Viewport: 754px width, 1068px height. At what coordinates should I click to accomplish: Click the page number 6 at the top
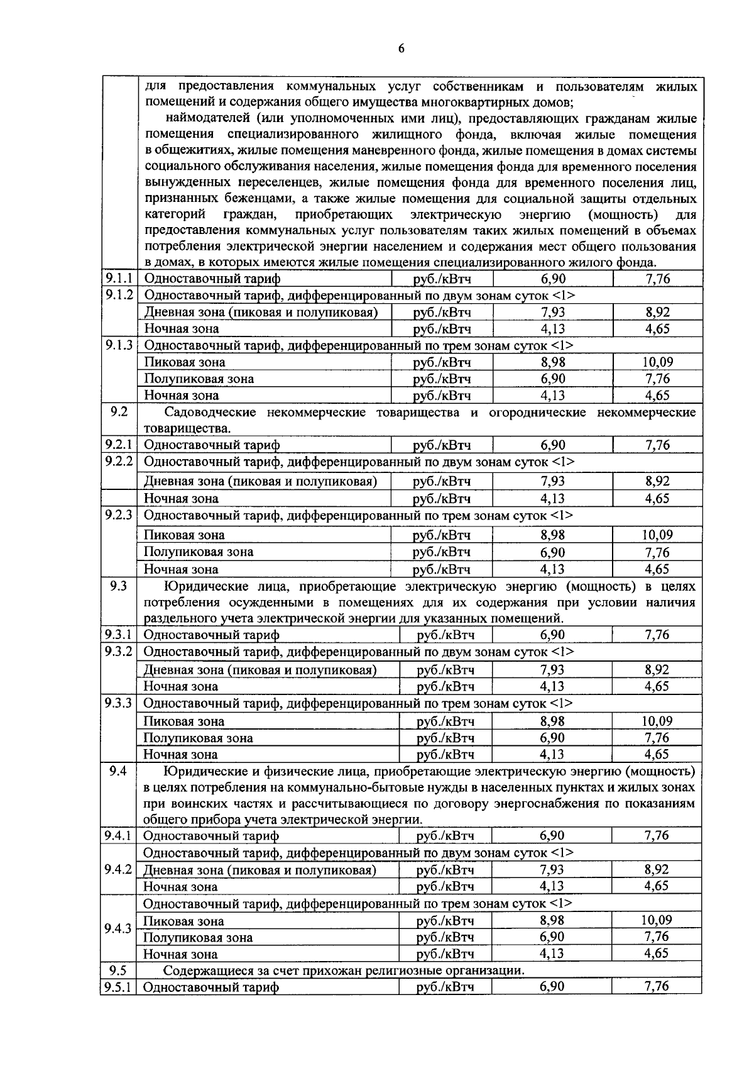(401, 50)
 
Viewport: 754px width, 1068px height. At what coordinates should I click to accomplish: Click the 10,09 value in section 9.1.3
(657, 362)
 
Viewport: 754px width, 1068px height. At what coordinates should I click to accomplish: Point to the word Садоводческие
(206, 413)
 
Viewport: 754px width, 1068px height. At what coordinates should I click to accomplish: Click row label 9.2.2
(119, 462)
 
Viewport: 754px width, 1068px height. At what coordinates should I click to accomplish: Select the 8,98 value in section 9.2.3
(552, 535)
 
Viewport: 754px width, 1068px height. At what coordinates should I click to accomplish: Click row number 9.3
(119, 586)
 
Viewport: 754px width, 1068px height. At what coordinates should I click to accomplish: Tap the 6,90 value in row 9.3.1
(552, 635)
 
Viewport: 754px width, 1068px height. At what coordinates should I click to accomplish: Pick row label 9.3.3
(119, 703)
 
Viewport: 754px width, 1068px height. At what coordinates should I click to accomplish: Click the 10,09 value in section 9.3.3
(657, 721)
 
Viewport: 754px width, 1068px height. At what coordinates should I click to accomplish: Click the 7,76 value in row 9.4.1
(657, 836)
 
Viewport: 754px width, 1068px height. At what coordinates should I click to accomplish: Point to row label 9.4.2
(119, 869)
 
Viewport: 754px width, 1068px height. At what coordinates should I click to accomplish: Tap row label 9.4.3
(119, 929)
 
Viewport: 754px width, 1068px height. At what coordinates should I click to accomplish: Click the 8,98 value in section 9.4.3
(552, 921)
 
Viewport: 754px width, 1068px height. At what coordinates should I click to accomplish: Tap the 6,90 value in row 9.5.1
(552, 987)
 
